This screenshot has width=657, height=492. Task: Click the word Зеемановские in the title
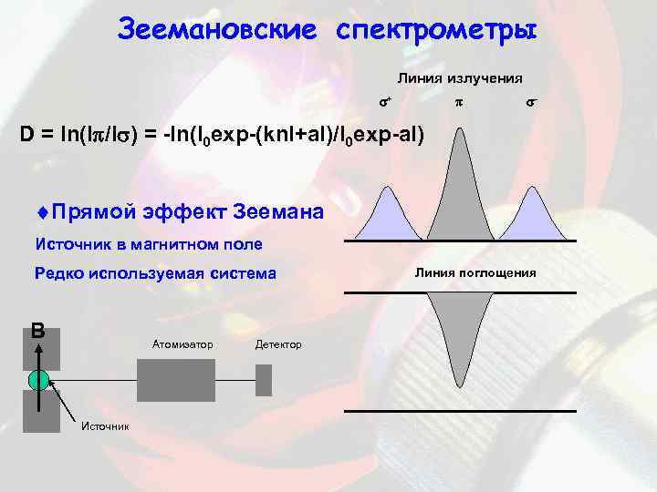point(218,29)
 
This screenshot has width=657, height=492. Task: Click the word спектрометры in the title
point(437,29)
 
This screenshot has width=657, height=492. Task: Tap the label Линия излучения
point(459,78)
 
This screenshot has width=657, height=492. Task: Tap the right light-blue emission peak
point(533,218)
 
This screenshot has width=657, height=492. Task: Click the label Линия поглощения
point(475,272)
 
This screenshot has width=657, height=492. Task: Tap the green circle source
point(37,380)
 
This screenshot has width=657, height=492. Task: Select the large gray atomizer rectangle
point(176,374)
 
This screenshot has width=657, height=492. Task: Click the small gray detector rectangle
point(264,379)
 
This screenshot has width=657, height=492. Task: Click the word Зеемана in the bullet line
point(278,212)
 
